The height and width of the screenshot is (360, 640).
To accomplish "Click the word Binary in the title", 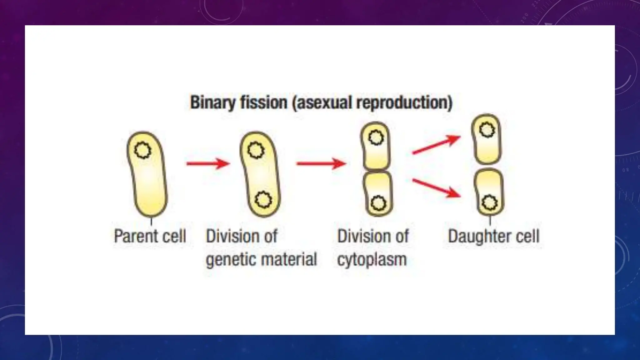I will (212, 103).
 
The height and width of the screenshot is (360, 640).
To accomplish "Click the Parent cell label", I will (150, 236).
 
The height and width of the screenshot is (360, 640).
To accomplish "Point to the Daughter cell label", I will (493, 236).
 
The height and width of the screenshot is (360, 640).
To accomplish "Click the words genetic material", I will (261, 259).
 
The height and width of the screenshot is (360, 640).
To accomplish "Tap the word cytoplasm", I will (372, 259).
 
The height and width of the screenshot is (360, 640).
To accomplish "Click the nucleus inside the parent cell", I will (143, 150).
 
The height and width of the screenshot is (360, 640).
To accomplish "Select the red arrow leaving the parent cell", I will (208, 163).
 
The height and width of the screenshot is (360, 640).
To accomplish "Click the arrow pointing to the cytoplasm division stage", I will (321, 163).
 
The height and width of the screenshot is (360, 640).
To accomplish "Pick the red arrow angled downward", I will (436, 187).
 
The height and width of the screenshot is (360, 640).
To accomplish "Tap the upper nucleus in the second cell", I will (256, 150).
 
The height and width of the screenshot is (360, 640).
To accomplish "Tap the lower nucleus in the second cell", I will (263, 200).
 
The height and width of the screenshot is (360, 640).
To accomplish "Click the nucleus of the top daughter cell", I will (487, 130).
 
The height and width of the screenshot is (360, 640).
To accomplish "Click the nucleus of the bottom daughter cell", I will (489, 203).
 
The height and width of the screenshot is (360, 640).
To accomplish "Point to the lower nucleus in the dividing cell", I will (378, 203).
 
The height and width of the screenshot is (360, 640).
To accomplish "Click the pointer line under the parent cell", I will (152, 222).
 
